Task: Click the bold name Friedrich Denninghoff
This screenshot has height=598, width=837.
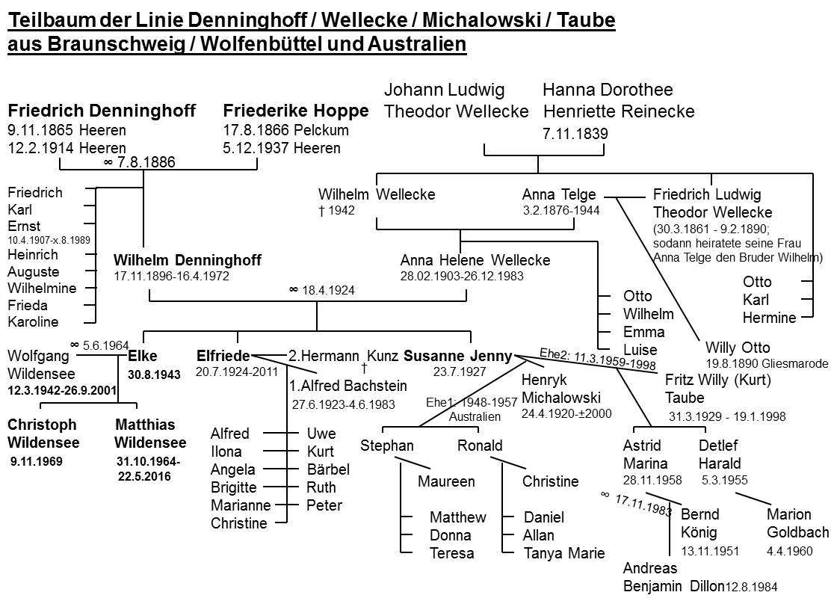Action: pos(102,111)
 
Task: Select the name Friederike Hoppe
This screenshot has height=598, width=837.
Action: pos(296,111)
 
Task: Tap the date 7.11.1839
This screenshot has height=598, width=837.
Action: pos(575,135)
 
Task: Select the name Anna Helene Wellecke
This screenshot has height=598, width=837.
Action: pos(475,260)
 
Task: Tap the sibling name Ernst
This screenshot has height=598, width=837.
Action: pos(24,226)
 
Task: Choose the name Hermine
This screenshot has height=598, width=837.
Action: pos(769,318)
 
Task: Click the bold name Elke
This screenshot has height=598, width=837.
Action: pos(143,356)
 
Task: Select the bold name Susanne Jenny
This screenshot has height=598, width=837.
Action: pos(457,356)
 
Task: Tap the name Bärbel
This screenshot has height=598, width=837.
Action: pos(327,469)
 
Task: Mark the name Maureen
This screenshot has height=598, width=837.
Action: pos(446,481)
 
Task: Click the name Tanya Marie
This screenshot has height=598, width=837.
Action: pos(564,553)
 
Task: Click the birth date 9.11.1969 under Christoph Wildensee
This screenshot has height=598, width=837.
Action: pos(37,461)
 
